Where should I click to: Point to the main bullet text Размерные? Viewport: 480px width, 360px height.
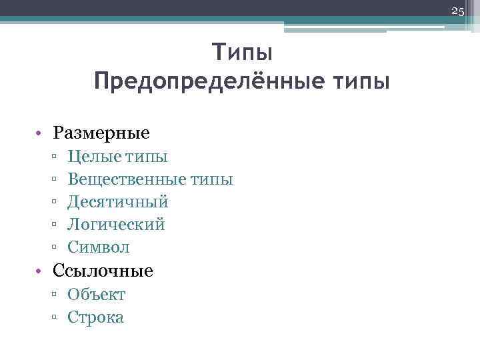coord(102,133)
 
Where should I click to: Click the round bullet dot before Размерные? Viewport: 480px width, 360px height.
coord(41,133)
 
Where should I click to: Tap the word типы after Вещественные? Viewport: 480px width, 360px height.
coord(212,179)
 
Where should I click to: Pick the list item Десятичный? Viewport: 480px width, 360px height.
coord(118,201)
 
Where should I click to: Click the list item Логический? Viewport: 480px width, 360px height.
coord(116,225)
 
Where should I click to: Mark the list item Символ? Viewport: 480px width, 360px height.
coord(99,247)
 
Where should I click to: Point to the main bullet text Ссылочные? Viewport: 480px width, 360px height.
coord(103,271)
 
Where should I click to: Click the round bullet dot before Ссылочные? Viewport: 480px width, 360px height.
coord(41,271)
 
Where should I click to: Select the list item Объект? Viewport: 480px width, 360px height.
coord(97,295)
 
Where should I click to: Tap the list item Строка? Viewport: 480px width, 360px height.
coord(95,317)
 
